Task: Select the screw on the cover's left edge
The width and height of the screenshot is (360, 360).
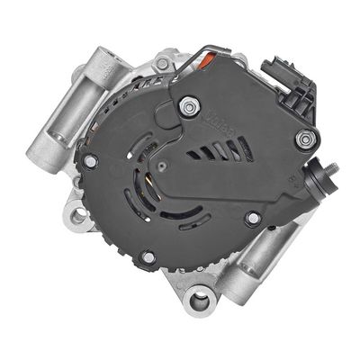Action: [x=90, y=162]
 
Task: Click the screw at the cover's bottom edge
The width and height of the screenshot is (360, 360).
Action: [x=148, y=258]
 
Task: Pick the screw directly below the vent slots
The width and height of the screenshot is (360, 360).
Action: [x=253, y=217]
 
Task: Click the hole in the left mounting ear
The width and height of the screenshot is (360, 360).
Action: [x=79, y=215]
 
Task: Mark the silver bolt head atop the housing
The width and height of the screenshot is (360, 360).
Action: [x=161, y=64]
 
